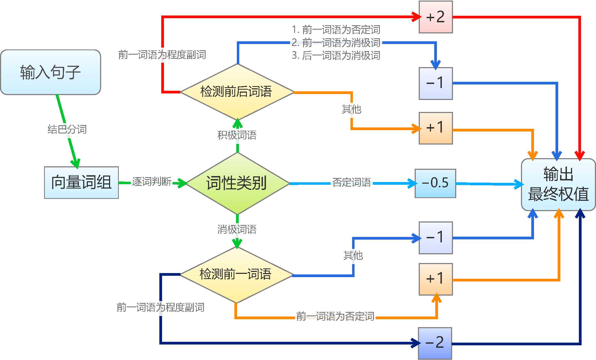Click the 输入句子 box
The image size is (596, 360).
click(51, 72)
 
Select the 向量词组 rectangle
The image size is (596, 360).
click(81, 182)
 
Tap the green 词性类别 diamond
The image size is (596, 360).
click(237, 183)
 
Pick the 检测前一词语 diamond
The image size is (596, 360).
click(236, 274)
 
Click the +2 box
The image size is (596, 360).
click(436, 17)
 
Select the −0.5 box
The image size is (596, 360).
click(435, 183)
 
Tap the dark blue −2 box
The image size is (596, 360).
click(435, 343)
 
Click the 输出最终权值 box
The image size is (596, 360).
click(558, 184)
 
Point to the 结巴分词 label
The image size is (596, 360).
click(67, 129)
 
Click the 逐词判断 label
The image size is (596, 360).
click(152, 181)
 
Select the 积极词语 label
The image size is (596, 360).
click(237, 135)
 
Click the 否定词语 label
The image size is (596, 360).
click(351, 182)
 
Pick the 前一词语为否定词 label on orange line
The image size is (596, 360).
click(335, 317)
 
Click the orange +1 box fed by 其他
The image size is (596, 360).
click(436, 128)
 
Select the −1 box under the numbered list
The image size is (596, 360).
click(436, 83)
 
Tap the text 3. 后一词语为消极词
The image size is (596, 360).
click(336, 56)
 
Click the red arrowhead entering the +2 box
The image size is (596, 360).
click(416, 17)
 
